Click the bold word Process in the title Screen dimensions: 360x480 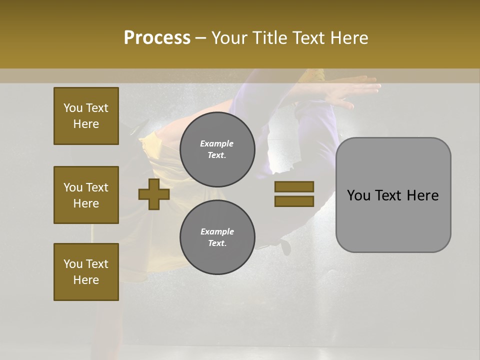(157, 37)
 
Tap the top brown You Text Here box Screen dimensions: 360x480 (86, 116)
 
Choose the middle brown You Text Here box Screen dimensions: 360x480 (86, 195)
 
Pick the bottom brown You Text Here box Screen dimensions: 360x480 (86, 272)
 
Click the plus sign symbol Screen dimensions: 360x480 (153, 194)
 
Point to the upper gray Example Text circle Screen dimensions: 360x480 (217, 149)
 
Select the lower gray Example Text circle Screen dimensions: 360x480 (217, 237)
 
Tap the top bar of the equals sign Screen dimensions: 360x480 (294, 187)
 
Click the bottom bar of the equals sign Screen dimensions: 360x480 (294, 201)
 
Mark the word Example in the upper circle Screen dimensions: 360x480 (217, 144)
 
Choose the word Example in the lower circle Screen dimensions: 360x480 (217, 232)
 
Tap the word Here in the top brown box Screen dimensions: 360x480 (86, 124)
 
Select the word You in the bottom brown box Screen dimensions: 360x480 (73, 264)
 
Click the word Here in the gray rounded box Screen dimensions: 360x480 (422, 195)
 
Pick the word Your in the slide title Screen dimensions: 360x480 (230, 37)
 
